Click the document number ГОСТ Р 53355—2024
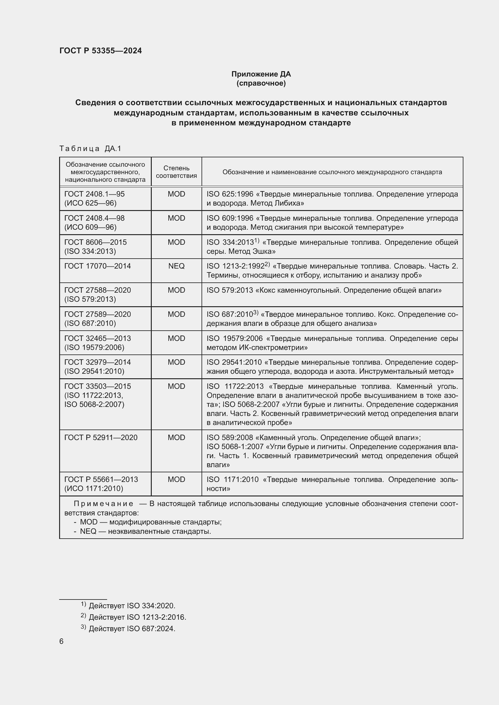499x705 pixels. click(x=100, y=51)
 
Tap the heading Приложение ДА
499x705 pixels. click(x=261, y=74)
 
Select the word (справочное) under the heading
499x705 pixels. click(x=261, y=83)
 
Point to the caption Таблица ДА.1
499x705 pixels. click(x=90, y=149)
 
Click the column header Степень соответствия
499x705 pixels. click(x=176, y=172)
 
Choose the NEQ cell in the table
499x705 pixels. click(x=176, y=266)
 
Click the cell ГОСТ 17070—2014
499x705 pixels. click(x=97, y=266)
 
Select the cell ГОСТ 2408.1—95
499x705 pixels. click(x=94, y=194)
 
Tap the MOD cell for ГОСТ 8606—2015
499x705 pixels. click(x=176, y=242)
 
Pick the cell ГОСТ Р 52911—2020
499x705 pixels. click(x=101, y=437)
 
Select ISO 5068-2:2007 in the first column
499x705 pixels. click(x=94, y=404)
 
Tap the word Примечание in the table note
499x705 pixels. click(x=103, y=504)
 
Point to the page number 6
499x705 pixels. click(x=62, y=641)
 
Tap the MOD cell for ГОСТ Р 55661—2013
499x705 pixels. click(x=176, y=479)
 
